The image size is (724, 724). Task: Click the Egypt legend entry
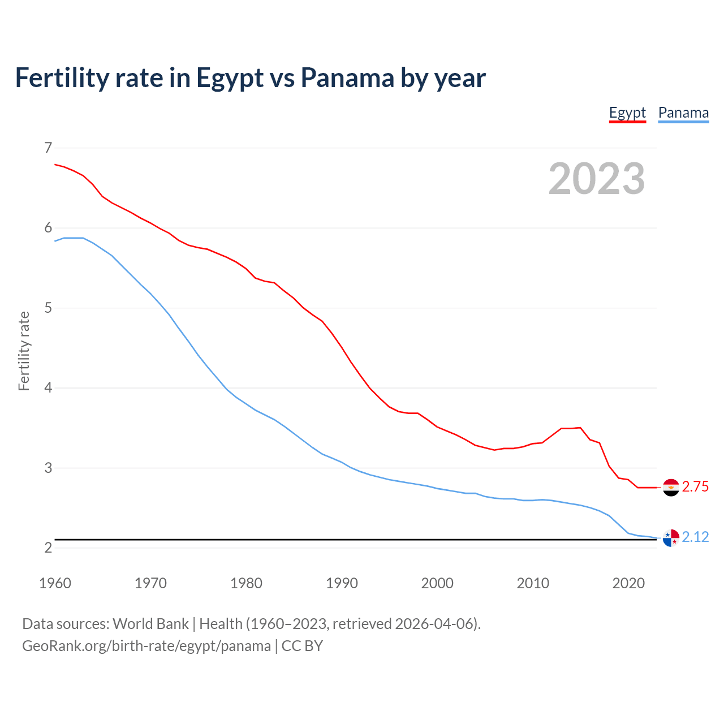coord(627,113)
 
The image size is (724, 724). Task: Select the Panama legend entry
coord(683,113)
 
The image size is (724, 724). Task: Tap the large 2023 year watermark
coord(597,179)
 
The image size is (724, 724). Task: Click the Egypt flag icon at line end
coord(671,487)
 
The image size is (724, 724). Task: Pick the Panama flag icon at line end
coord(671,538)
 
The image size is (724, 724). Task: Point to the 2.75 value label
coord(695,487)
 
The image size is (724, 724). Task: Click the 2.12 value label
coord(695,537)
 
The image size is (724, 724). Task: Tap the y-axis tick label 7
coord(48,148)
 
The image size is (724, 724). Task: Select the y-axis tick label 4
coord(48,388)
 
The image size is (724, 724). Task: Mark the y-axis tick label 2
coord(48,548)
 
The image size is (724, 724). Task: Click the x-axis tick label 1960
coord(55,583)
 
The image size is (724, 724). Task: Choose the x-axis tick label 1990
coord(342,583)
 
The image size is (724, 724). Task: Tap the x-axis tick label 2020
coord(628,583)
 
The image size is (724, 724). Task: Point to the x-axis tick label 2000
coord(437,583)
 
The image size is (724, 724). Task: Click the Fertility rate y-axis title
coord(24,351)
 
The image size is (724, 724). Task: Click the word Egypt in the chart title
coord(230,79)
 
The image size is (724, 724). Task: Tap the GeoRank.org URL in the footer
coord(146,646)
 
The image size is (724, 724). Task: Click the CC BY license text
coord(302,646)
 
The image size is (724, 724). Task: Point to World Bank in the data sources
coord(150,624)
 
